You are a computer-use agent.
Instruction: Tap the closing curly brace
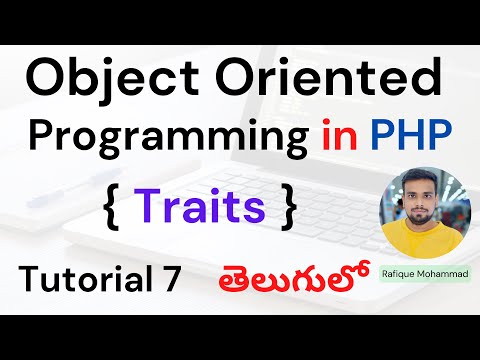288,208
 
